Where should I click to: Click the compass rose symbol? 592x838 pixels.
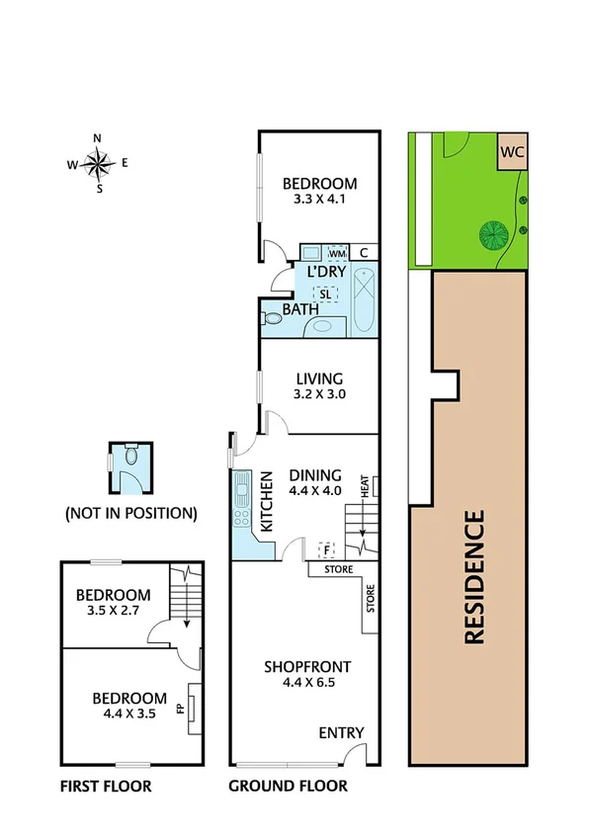click(x=98, y=164)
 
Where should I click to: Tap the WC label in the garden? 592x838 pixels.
click(x=511, y=153)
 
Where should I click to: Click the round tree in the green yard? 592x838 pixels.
click(x=492, y=235)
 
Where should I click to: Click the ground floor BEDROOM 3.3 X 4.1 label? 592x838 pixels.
click(x=318, y=190)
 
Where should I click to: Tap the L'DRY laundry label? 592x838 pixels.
click(x=325, y=272)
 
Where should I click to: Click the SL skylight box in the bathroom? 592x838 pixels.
click(x=325, y=293)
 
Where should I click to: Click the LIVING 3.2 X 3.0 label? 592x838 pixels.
click(x=318, y=385)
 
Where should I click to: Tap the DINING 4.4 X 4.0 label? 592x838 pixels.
click(x=315, y=481)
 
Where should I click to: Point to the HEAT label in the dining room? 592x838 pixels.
click(x=365, y=485)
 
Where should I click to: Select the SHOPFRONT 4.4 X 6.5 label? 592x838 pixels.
click(x=306, y=674)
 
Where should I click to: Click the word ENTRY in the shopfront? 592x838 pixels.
click(x=341, y=732)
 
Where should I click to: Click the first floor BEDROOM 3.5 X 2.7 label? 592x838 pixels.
click(x=114, y=603)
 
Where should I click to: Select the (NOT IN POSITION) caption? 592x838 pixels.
click(x=130, y=514)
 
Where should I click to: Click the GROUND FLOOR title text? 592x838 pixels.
click(x=288, y=787)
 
